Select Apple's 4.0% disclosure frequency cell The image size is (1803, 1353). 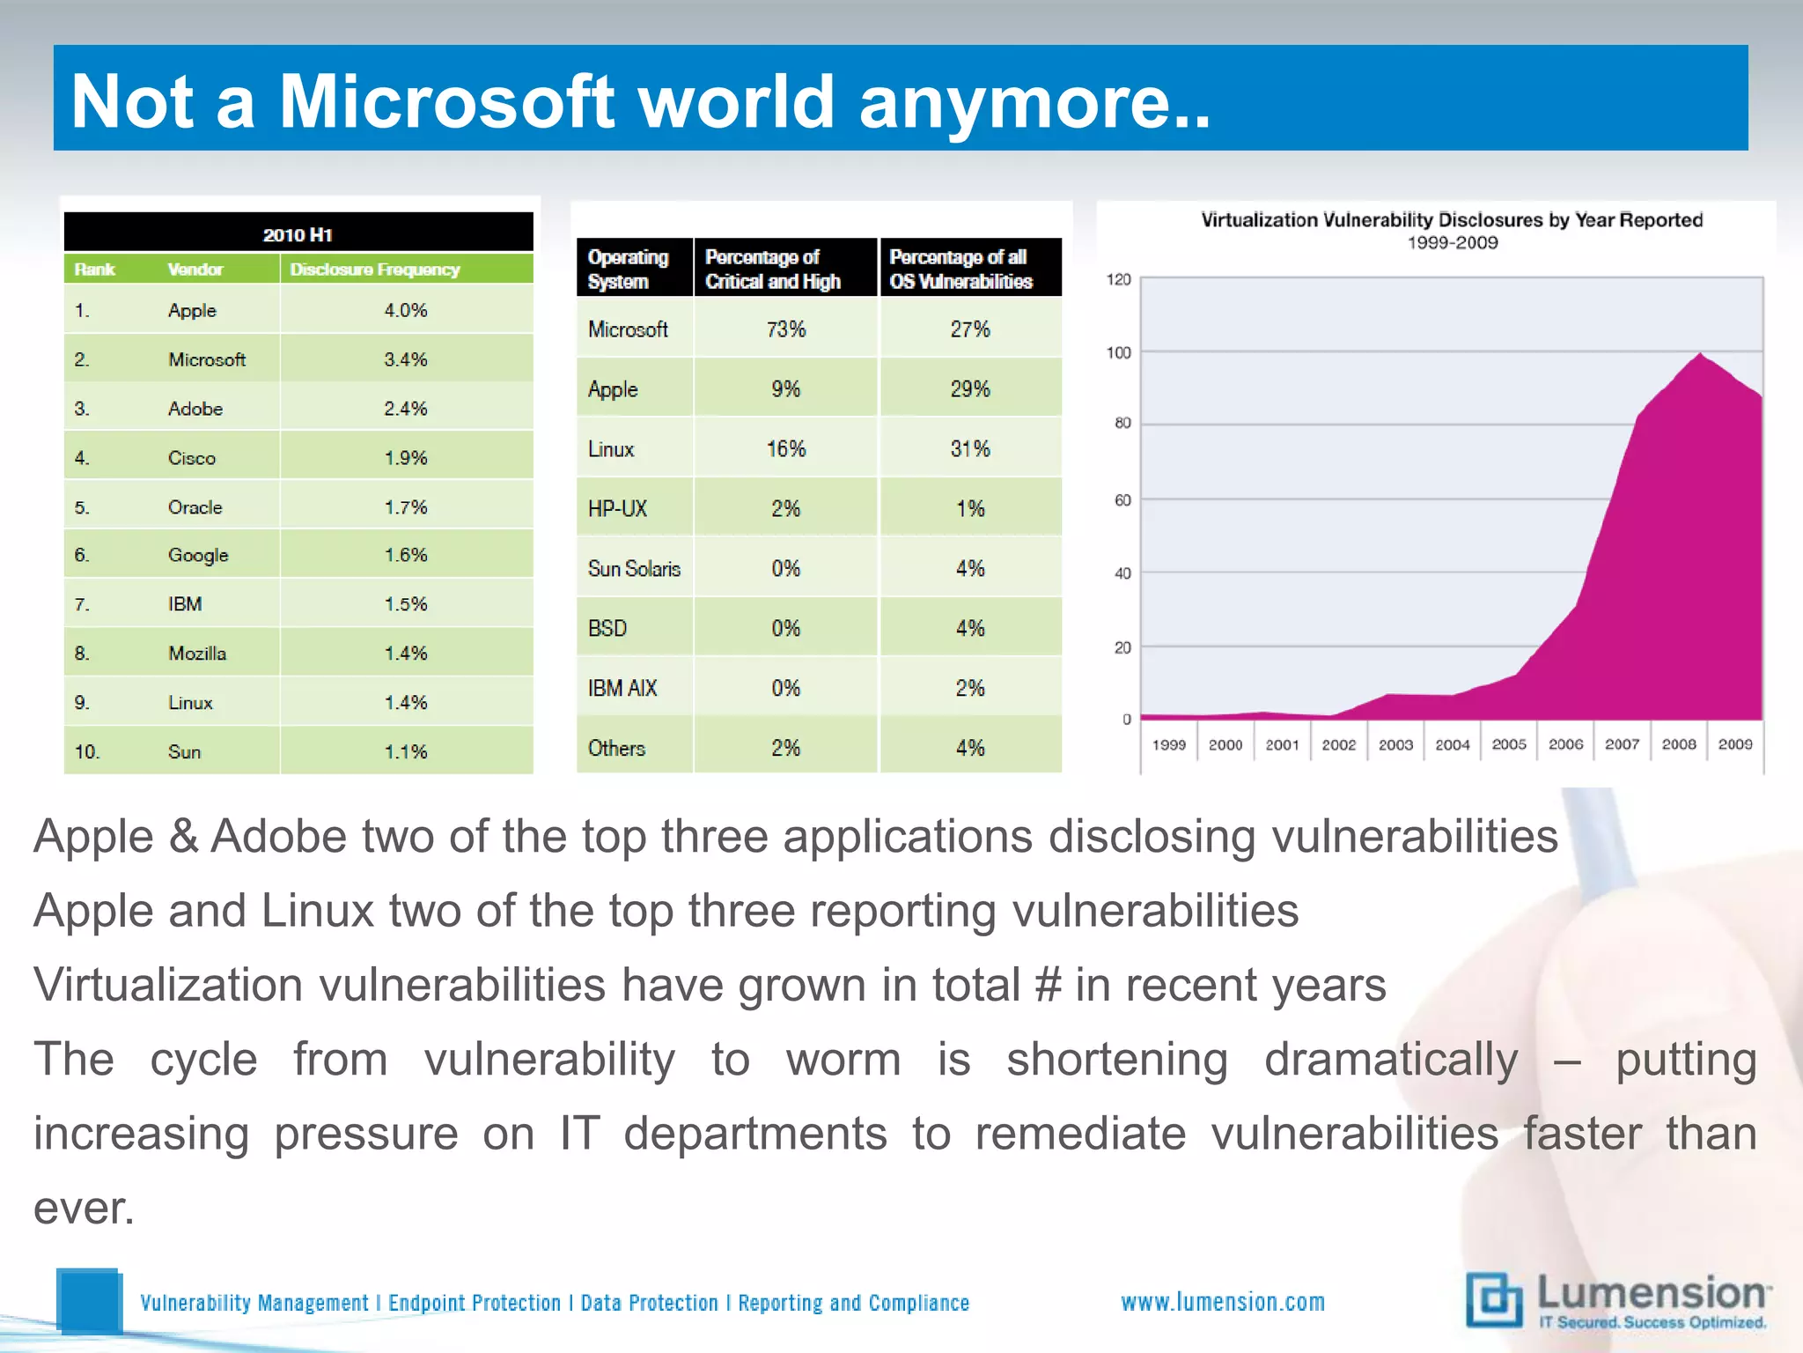coord(405,310)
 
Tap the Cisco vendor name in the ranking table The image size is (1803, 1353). coord(191,458)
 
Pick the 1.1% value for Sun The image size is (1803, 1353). coord(405,751)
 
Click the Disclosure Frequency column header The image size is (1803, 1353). coord(375,270)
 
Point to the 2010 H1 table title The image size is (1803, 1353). coord(298,234)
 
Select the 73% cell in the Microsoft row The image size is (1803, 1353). coord(785,329)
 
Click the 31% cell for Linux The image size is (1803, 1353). coord(970,449)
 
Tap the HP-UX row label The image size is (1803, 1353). coord(617,509)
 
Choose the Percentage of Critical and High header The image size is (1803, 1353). coord(772,269)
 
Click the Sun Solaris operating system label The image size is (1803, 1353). coord(634,569)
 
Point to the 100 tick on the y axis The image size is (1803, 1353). coord(1118,352)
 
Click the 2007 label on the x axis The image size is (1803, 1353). coord(1622,744)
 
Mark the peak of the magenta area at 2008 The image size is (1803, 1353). coord(1699,355)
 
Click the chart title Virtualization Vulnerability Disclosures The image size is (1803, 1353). coord(1451,220)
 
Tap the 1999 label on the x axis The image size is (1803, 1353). coord(1169,744)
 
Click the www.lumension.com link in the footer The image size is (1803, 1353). coord(1222,1302)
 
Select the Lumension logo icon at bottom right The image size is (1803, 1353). coord(1494,1300)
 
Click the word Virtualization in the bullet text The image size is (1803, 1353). coord(168,985)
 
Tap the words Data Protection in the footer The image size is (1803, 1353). coord(649,1303)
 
